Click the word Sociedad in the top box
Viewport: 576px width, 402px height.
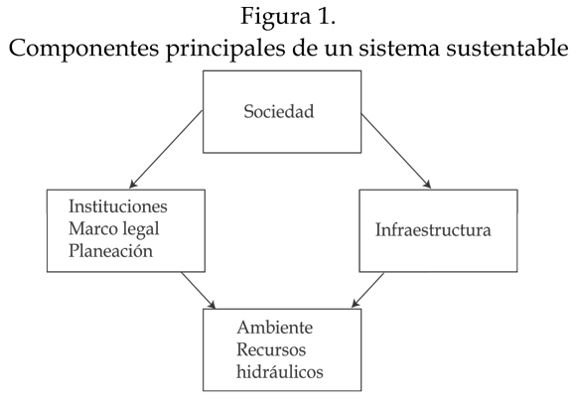point(279,111)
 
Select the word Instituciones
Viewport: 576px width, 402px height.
point(118,205)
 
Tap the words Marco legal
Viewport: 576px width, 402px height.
point(114,229)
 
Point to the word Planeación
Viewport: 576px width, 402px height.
point(110,251)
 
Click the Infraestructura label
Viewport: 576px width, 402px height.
point(433,230)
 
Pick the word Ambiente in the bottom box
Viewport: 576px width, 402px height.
point(275,328)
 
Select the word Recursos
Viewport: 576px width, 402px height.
point(271,349)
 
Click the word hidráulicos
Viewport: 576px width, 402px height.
point(280,371)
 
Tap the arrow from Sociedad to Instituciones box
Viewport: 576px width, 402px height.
point(167,149)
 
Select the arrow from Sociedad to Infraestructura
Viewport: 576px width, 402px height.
point(396,151)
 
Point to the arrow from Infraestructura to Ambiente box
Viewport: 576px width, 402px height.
point(367,290)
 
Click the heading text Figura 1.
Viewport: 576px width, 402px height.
point(288,17)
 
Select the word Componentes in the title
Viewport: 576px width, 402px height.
point(83,48)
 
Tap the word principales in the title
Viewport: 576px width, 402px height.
point(225,48)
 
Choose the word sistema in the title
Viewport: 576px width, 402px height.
point(399,48)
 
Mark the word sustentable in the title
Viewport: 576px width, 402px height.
point(507,48)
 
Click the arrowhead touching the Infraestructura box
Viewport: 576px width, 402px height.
point(427,185)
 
